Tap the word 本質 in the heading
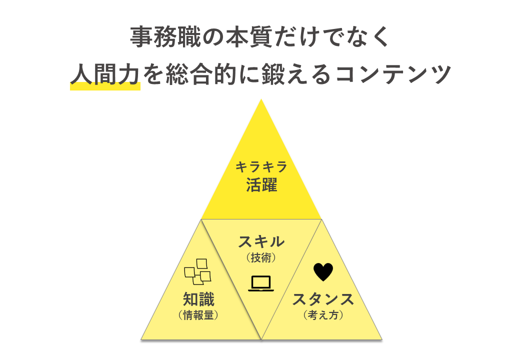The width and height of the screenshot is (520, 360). (235, 38)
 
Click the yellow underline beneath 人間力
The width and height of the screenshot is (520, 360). (104, 86)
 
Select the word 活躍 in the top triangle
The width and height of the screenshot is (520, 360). (261, 185)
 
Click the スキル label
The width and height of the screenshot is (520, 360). (261, 242)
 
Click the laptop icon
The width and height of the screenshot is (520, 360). (261, 283)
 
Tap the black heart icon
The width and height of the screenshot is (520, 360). (323, 272)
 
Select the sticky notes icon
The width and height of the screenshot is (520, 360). (197, 271)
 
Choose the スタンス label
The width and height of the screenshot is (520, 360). (323, 299)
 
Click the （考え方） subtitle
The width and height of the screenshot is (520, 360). (323, 315)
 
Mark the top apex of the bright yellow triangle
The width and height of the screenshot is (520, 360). (261, 100)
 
